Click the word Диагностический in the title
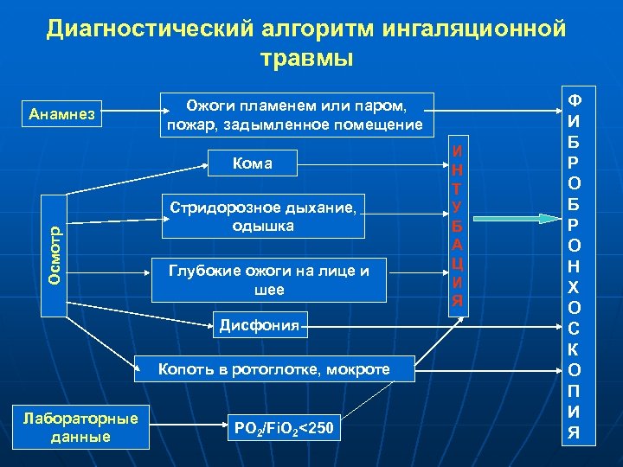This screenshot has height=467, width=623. tap(148, 29)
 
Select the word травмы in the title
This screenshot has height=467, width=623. tap(306, 58)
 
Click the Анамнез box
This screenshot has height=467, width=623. tap(66, 113)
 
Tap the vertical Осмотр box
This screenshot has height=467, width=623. tap(55, 252)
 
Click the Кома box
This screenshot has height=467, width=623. tap(253, 163)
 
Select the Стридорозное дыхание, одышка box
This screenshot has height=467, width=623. tap(262, 216)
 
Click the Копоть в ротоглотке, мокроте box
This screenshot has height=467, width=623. tap(273, 370)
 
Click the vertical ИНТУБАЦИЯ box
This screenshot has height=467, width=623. tap(459, 227)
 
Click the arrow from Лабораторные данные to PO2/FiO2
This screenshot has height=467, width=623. tap(187, 427)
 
